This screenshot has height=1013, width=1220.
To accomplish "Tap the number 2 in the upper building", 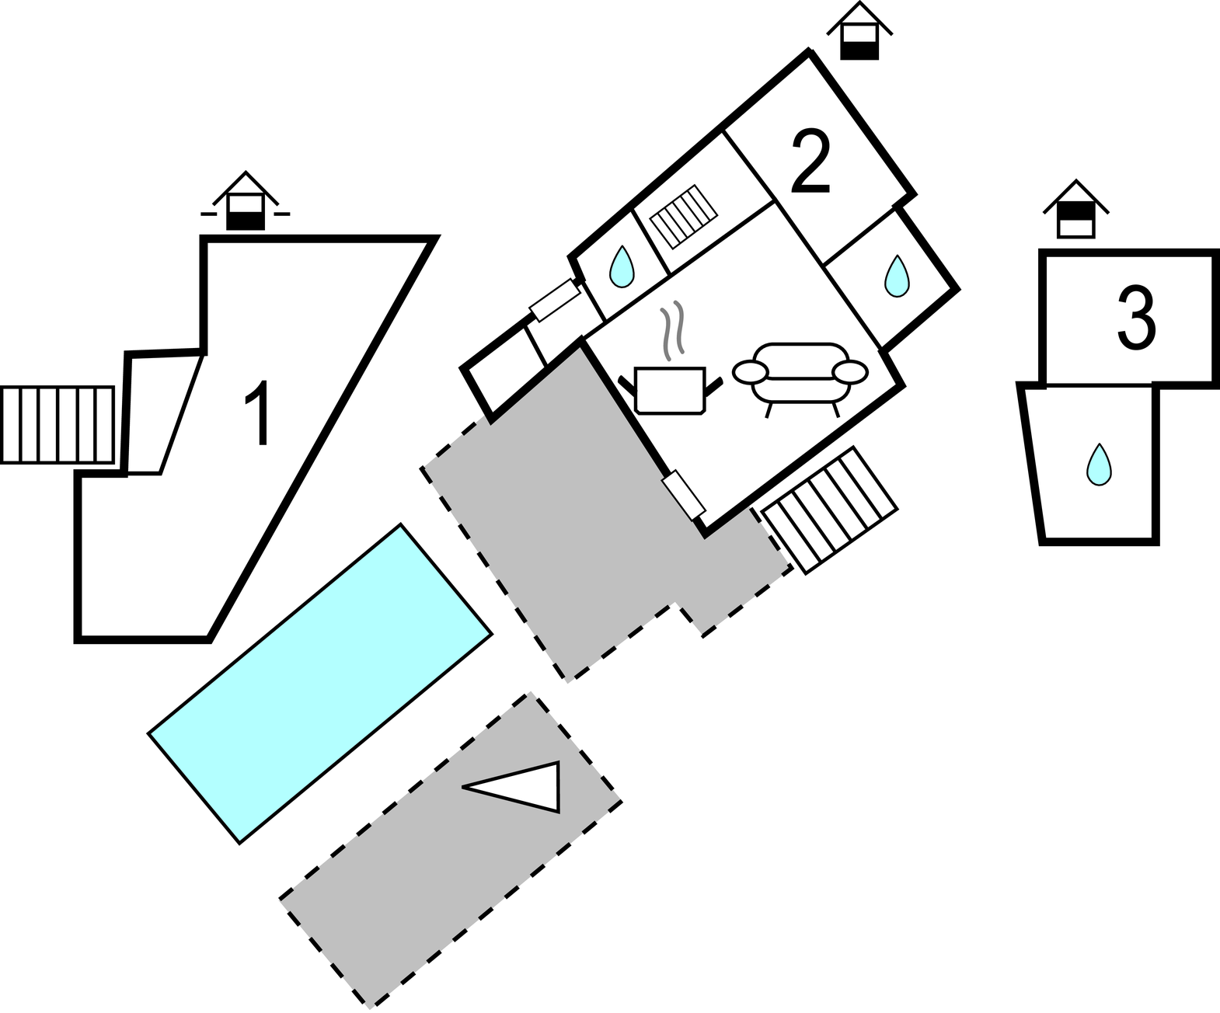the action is (810, 161).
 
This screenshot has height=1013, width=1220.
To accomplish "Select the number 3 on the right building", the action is (1137, 319).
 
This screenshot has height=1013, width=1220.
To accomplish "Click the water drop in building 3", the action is (1099, 465).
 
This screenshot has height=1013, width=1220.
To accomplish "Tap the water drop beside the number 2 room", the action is (897, 276).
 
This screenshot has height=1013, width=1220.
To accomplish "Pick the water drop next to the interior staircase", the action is (622, 266).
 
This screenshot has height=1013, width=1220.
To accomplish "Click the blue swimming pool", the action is (320, 684).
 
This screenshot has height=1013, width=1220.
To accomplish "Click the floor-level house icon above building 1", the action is (246, 200).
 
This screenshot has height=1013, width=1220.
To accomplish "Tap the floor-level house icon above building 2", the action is (859, 30).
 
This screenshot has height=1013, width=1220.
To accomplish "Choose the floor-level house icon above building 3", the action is (1075, 209).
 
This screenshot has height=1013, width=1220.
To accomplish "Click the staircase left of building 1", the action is (58, 425).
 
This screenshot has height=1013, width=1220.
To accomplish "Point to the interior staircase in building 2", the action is (684, 217).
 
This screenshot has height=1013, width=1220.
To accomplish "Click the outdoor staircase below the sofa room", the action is (830, 510).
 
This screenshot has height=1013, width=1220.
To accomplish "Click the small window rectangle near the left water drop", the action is (555, 301).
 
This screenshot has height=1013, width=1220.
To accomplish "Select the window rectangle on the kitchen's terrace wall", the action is (683, 495).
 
